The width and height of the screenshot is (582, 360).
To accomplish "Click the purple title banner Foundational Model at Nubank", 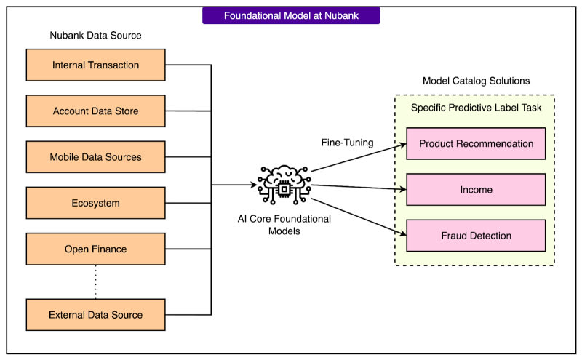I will (290, 15).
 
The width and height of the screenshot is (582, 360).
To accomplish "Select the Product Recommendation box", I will (476, 143).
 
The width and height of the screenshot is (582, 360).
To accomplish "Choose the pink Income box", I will (476, 190).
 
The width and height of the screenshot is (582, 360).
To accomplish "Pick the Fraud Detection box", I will (476, 236).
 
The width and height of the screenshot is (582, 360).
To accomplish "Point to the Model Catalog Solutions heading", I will (475, 80).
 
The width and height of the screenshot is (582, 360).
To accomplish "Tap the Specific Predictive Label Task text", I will (482, 108).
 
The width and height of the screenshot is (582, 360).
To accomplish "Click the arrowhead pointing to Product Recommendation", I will (402, 145).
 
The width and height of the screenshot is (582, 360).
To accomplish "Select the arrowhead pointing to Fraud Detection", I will (402, 233).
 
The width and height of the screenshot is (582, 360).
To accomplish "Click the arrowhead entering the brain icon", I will (255, 185).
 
